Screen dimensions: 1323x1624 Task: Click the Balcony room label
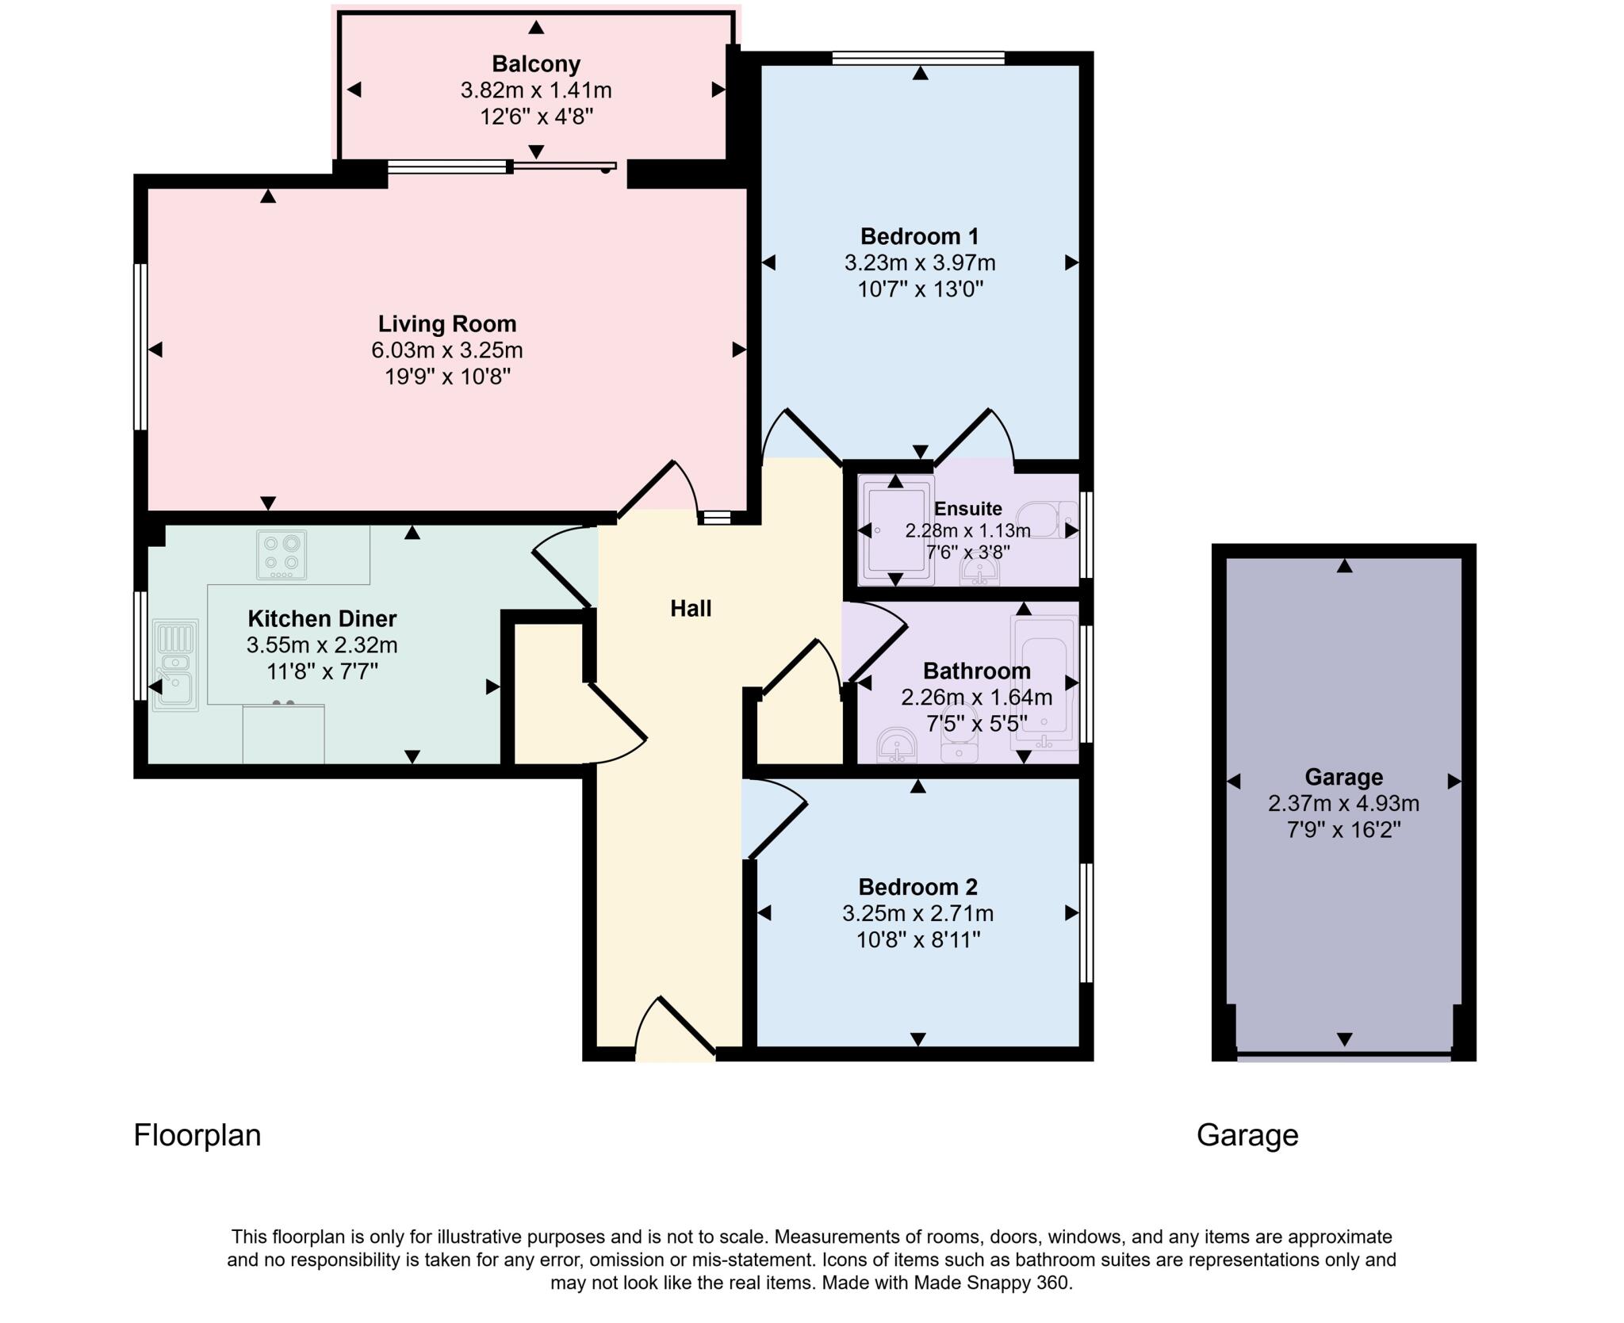(x=536, y=63)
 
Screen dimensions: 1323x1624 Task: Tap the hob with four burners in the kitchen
(x=282, y=554)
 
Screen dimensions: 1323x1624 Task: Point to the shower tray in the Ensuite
(x=896, y=530)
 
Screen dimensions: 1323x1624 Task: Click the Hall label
(x=691, y=609)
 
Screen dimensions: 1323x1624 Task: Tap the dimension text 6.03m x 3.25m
(x=446, y=350)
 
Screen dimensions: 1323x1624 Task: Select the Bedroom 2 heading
(x=917, y=886)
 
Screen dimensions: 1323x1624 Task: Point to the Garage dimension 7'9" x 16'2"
(x=1343, y=830)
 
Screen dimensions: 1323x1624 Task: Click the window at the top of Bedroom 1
(x=918, y=57)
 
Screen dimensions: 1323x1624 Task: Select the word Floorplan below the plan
(x=197, y=1135)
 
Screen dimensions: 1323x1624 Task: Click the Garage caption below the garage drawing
(x=1247, y=1135)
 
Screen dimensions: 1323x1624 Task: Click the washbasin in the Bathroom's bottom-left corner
(x=897, y=747)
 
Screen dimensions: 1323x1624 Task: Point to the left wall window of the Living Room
(x=140, y=346)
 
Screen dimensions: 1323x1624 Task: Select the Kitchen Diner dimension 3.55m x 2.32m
(x=322, y=645)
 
